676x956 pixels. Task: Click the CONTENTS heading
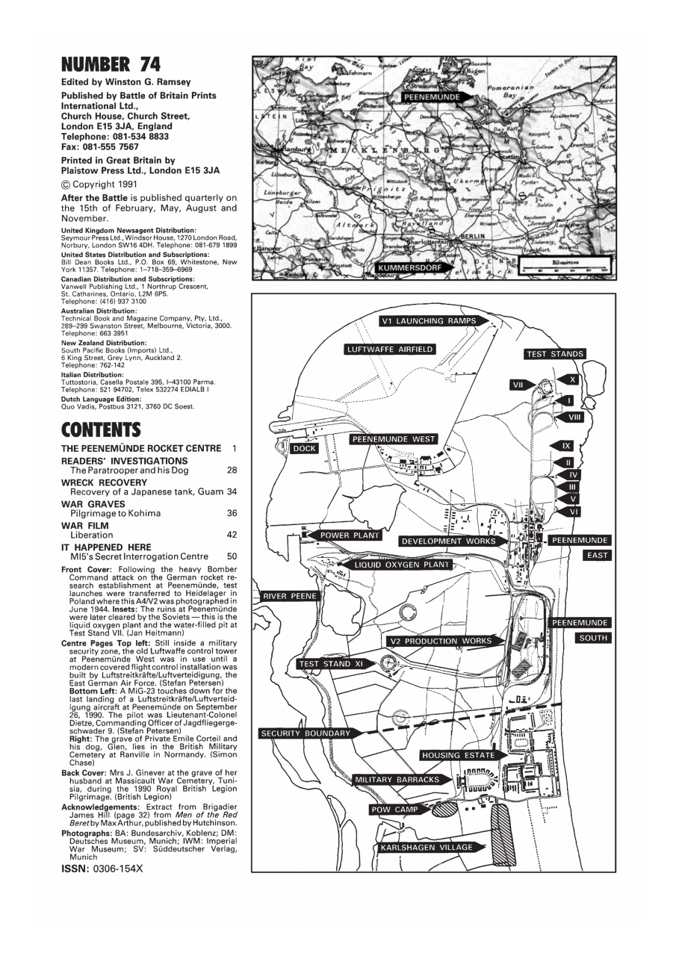tap(101, 430)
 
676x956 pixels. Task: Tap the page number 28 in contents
tap(232, 471)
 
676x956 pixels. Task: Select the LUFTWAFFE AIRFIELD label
tap(390, 350)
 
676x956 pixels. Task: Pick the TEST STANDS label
tap(555, 354)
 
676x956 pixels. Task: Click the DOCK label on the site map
tap(305, 449)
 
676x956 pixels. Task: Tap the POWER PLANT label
tap(350, 536)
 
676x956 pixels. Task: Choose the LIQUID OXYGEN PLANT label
tap(403, 565)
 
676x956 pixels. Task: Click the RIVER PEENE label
tap(289, 596)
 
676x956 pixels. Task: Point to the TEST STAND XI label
tap(329, 664)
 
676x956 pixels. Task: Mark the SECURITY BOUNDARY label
tap(306, 733)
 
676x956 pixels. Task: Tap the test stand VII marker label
tap(517, 385)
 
